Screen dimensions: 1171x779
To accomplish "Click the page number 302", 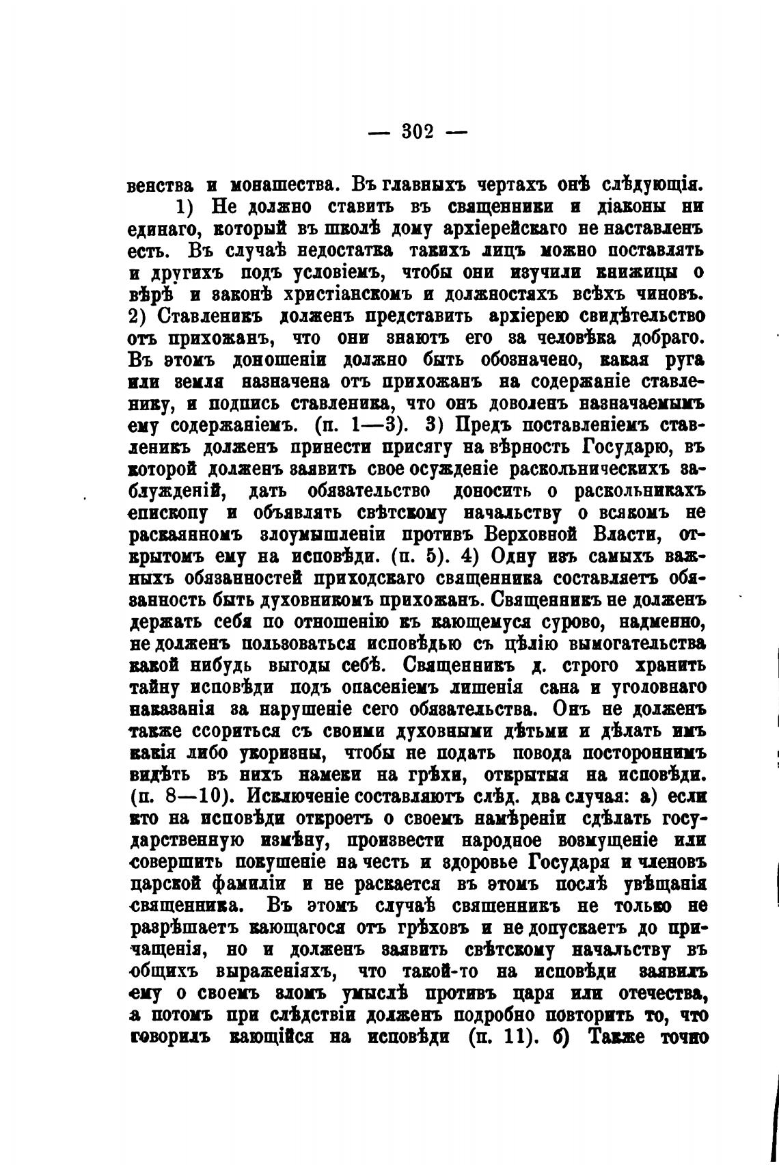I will coord(417,130).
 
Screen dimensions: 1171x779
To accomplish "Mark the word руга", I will coord(688,360).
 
